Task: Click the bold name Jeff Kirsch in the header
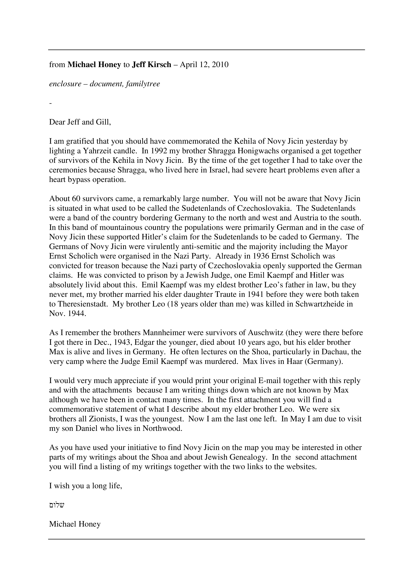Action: coord(151,65)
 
